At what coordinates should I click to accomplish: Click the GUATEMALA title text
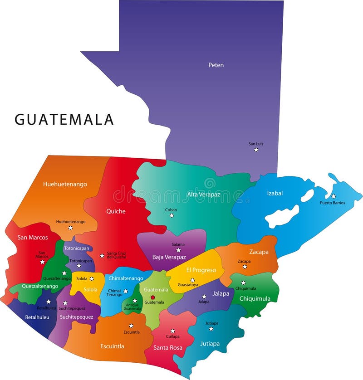coord(64,119)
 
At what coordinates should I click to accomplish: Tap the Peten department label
coord(216,65)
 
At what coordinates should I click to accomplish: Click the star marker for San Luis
coord(256,150)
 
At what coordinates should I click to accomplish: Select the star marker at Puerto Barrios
coord(333,196)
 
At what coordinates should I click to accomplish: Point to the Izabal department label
coord(275,193)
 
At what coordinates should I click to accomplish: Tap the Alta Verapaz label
coord(204,195)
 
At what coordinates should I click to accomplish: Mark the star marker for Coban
coord(172,215)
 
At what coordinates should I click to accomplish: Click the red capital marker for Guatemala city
coord(153,297)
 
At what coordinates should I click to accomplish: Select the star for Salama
coord(178,250)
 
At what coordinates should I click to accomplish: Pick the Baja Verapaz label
coord(169,257)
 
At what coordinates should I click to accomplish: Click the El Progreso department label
coord(201,270)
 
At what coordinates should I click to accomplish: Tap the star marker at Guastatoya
coord(192,280)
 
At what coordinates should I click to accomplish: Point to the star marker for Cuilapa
coord(172,331)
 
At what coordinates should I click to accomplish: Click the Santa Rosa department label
coord(168,348)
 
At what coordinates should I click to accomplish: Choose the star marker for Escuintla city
coord(131,326)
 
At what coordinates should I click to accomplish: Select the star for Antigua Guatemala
coord(135,301)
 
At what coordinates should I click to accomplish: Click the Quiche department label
coord(116,211)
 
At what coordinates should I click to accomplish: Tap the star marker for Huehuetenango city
coord(70,228)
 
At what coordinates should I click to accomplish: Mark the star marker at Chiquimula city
coord(243,283)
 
